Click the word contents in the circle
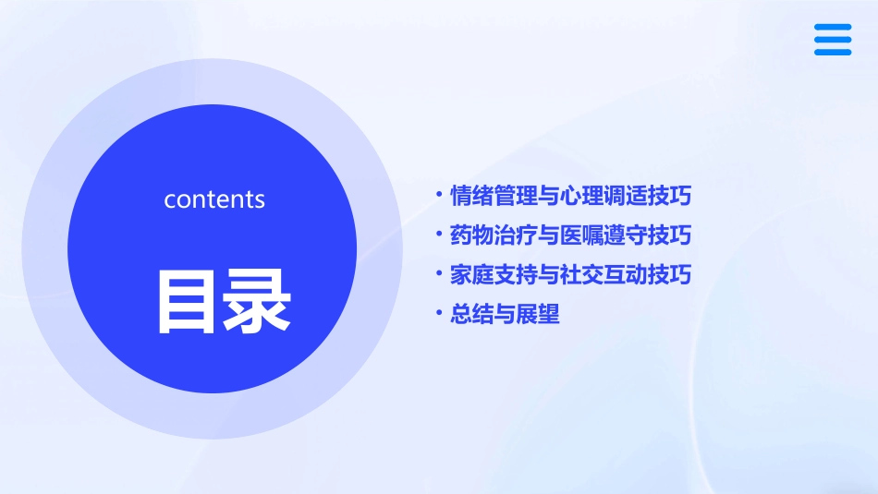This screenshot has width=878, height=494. point(214,199)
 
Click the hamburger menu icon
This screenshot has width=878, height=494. point(833,40)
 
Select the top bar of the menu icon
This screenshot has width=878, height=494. point(833,28)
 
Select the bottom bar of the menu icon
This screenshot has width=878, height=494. point(833,52)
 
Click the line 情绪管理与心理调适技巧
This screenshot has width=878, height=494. point(570,196)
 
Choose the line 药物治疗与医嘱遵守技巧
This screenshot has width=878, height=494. point(570,235)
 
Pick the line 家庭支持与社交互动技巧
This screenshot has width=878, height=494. point(570,275)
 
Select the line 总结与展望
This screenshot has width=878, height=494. point(505,315)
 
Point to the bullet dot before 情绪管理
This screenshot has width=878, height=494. point(439,195)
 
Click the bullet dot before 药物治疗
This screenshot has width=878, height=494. point(439,235)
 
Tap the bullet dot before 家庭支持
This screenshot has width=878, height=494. point(439,274)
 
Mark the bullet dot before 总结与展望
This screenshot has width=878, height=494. point(439,314)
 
